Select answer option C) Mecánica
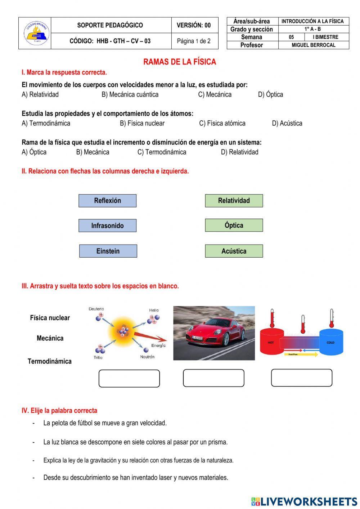click(x=215, y=94)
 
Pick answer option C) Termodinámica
click(x=162, y=152)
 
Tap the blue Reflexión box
click(x=107, y=201)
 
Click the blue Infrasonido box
click(x=107, y=226)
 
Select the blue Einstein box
click(x=108, y=251)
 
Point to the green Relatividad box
click(x=234, y=201)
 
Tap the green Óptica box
click(x=234, y=226)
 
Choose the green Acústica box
click(x=234, y=251)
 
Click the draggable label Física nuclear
click(x=50, y=318)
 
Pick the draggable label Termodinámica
click(x=50, y=361)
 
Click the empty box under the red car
click(x=213, y=378)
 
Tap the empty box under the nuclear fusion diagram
click(x=129, y=378)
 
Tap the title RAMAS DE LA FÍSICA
click(x=180, y=62)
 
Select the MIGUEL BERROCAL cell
click(x=313, y=45)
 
